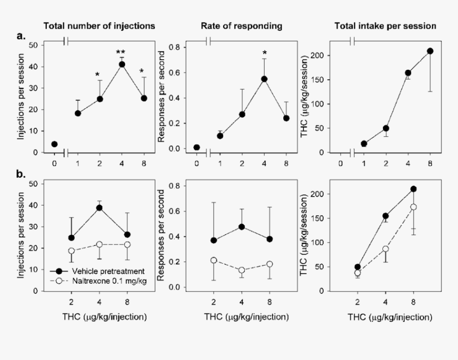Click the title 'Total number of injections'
(x=99, y=26)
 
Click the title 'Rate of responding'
(x=241, y=26)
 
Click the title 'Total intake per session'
(x=385, y=26)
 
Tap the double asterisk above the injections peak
(x=121, y=52)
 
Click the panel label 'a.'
(x=21, y=36)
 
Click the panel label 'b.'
(x=21, y=175)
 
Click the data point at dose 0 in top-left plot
(x=54, y=144)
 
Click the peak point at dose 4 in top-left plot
(x=121, y=64)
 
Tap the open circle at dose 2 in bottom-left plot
(x=71, y=251)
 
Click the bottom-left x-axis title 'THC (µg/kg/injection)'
(x=99, y=317)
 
